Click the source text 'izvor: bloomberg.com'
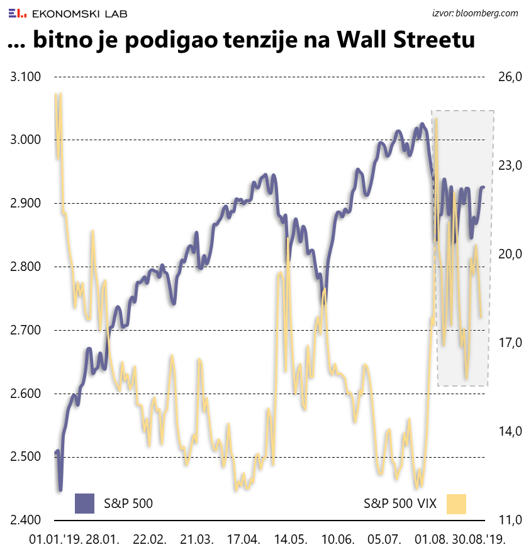coord(475,13)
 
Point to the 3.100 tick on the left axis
coord(26,77)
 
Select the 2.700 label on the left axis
coord(26,331)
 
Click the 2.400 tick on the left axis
coord(26,521)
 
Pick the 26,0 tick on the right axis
coord(510,77)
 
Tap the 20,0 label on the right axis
coord(510,254)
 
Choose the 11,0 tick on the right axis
coord(510,521)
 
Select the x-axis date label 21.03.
coord(196,539)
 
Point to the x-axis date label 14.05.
coord(290,539)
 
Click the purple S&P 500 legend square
coord(84,504)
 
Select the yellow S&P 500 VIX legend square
coord(456,504)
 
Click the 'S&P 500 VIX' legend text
coord(400,504)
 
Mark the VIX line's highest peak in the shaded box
coord(436,118)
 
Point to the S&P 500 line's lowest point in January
coord(60,489)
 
